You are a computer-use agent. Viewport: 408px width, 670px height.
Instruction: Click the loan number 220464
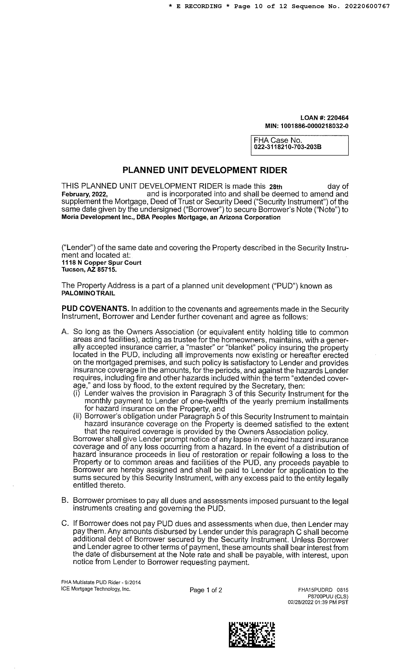338,118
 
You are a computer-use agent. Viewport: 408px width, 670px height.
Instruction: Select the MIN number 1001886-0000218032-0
314,126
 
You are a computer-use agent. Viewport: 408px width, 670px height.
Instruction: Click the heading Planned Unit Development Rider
205,170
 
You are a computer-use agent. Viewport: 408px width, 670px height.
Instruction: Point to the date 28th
275,187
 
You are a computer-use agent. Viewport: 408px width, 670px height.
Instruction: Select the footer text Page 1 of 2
206,590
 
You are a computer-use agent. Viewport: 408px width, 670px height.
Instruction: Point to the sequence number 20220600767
367,6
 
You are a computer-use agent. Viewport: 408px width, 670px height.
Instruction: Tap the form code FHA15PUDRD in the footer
315,590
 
